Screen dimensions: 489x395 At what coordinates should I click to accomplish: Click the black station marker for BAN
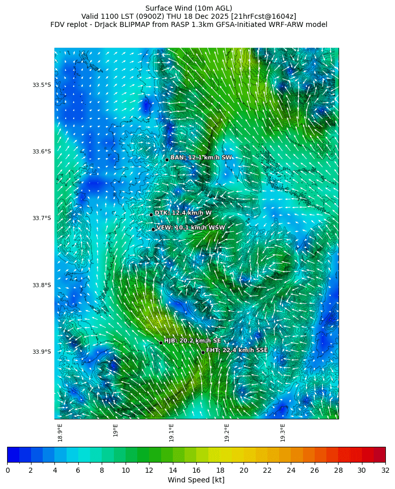pos(167,160)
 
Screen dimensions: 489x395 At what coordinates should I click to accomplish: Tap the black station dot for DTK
pos(151,215)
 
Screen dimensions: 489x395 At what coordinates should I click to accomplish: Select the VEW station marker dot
pos(153,229)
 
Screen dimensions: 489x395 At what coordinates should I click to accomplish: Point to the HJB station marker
pos(161,343)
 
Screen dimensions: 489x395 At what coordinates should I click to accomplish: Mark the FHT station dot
pos(203,352)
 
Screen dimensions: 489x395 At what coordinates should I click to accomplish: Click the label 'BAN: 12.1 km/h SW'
pos(201,158)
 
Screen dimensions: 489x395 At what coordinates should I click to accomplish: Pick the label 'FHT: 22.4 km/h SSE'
pos(237,350)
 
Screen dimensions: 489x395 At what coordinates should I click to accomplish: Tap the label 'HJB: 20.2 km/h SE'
pos(192,341)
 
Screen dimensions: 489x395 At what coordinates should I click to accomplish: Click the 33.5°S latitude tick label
pos(42,85)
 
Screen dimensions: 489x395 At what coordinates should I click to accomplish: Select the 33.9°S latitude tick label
pos(42,352)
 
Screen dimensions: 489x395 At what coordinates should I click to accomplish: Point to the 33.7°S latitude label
pos(42,218)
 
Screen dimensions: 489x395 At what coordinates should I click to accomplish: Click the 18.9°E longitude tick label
pos(60,433)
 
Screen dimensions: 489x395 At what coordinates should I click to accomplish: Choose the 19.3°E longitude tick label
pos(283,433)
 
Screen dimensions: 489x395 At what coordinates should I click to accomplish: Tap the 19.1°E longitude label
pos(171,433)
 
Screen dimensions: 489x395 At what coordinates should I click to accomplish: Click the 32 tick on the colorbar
pos(385,470)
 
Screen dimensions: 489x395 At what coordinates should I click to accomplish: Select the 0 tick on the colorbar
pos(8,470)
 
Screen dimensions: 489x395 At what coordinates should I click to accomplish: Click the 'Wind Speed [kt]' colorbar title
pos(196,480)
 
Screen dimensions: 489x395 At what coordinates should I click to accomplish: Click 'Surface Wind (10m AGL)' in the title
pos(189,8)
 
